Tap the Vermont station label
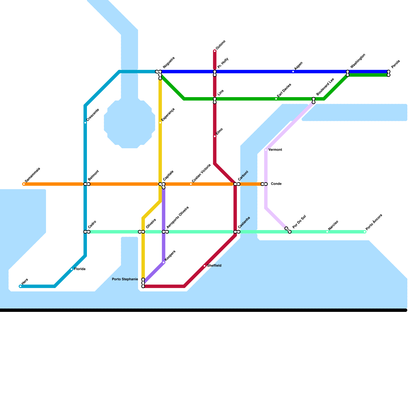coord(275,150)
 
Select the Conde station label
coord(276,184)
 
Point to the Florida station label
coord(80,269)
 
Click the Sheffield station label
coord(214,266)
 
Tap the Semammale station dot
coord(24,184)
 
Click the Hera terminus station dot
coord(20,286)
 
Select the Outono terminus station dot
coord(215,51)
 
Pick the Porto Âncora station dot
coord(365,232)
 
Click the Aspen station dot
coord(293,72)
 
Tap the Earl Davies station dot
coord(276,99)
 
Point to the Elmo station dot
coord(215,136)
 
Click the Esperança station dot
coord(160,123)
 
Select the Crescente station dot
coord(85,123)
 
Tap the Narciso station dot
coord(327,232)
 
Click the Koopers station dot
coord(164,263)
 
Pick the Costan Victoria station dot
coord(191,184)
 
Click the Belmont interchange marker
coord(87,184)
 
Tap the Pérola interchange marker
coord(389,73)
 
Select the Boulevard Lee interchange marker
coord(314,100)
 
